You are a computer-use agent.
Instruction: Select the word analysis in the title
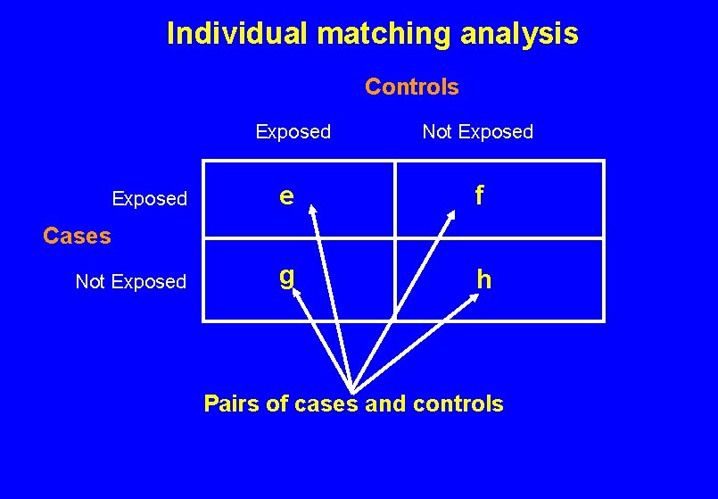point(520,34)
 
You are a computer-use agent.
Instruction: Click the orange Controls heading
point(412,87)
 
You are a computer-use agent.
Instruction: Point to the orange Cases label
point(78,236)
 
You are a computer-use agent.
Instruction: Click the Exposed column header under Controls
point(293,132)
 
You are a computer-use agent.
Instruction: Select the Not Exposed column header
point(477,132)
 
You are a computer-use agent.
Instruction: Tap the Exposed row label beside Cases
point(149,198)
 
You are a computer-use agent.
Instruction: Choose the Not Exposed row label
point(131,282)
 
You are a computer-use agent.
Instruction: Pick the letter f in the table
point(480,195)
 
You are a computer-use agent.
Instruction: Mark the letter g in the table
point(286,277)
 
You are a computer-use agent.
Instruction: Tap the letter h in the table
point(483,279)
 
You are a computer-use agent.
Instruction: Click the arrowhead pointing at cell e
point(313,211)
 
